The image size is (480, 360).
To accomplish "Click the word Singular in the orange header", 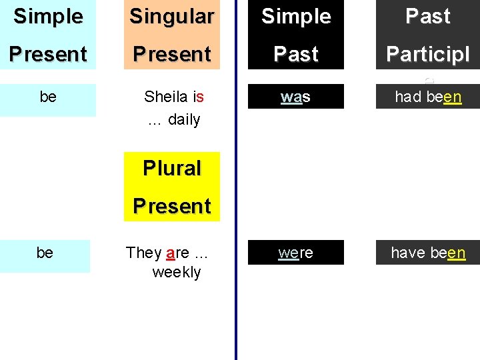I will tap(172, 17).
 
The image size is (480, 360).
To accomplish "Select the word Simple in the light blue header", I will tap(48, 16).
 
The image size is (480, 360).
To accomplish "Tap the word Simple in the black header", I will tap(296, 17).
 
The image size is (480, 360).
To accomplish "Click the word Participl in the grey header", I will tap(428, 55).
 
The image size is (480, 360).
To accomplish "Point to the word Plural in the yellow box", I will tap(172, 168).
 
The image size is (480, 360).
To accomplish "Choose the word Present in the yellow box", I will tap(172, 206).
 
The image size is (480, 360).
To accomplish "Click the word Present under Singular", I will tap(172, 54).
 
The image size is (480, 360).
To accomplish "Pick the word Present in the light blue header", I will tap(48, 54).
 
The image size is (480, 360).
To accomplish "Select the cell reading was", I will tap(296, 97).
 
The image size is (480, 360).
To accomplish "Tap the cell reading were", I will tap(296, 253).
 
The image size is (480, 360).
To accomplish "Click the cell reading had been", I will tap(428, 97).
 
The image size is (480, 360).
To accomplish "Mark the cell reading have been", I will tap(428, 253).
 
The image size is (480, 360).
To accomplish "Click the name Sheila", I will tap(164, 97).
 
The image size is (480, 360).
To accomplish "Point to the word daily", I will tap(184, 120).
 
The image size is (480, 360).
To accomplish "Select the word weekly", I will tap(177, 272).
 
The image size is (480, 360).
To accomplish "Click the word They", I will tap(143, 253).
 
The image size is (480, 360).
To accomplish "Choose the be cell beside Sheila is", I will tap(48, 97).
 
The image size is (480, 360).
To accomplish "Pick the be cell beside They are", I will tap(45, 253).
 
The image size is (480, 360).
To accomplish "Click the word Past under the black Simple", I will tap(296, 54).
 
